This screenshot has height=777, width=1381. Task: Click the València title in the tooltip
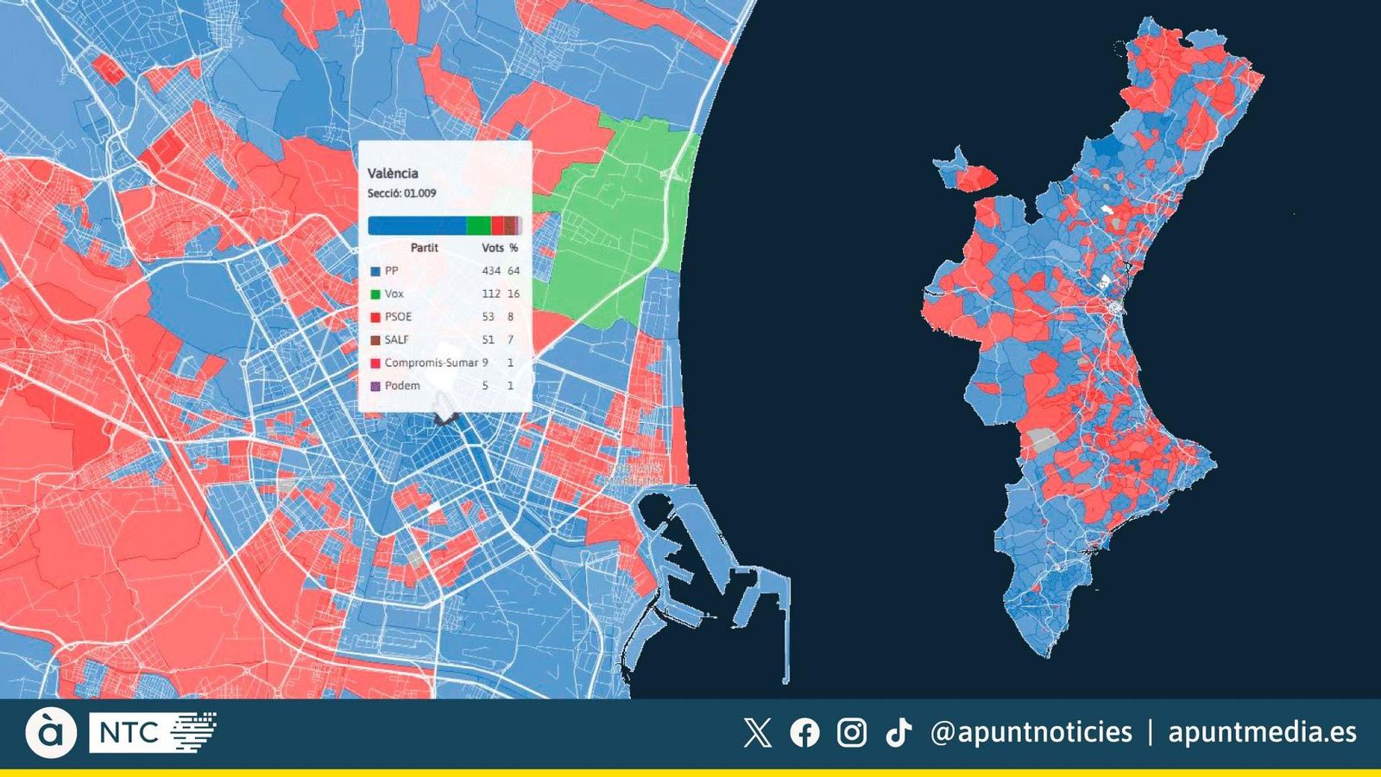click(x=393, y=174)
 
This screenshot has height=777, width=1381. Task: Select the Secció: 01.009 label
click(x=401, y=193)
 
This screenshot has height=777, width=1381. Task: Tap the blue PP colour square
click(x=375, y=271)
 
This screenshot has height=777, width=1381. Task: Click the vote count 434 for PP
click(x=491, y=271)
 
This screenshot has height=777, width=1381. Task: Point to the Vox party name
click(x=394, y=294)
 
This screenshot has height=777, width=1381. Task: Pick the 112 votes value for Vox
click(x=491, y=294)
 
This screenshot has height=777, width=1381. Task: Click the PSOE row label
click(x=399, y=317)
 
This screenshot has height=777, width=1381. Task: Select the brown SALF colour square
click(x=375, y=340)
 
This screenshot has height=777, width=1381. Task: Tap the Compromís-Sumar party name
click(x=431, y=363)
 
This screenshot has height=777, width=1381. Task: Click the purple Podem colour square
click(x=375, y=386)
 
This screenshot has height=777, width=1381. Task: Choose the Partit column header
click(x=425, y=248)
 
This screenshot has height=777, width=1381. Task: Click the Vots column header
click(x=493, y=248)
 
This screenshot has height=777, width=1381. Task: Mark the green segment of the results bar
click(x=478, y=226)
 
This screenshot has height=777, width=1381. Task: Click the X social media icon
click(x=757, y=733)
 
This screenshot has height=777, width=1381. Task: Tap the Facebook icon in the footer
click(x=804, y=733)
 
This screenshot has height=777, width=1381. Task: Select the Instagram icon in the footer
click(x=852, y=733)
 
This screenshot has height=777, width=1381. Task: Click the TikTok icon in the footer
click(x=899, y=733)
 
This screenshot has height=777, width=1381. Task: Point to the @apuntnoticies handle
click(x=1031, y=733)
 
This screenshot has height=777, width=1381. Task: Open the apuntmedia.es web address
click(x=1262, y=733)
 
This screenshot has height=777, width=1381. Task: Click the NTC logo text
click(x=129, y=734)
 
